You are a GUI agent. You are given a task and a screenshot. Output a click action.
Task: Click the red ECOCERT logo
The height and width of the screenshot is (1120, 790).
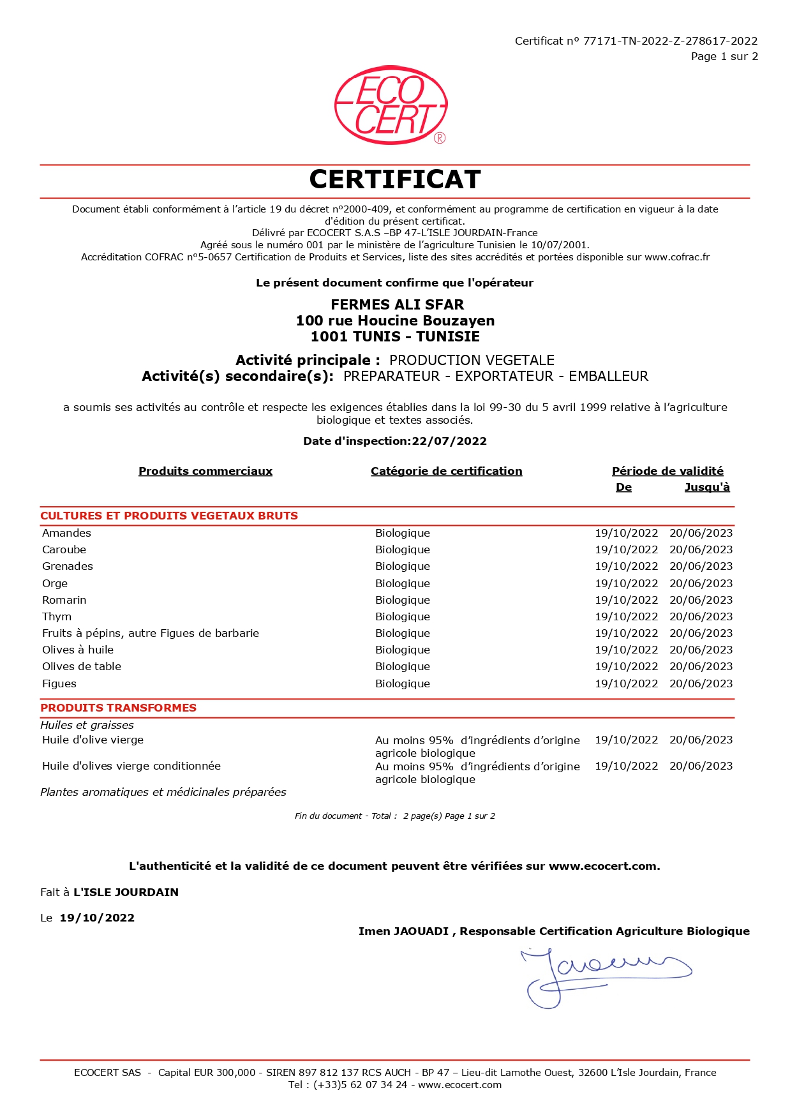coord(391,105)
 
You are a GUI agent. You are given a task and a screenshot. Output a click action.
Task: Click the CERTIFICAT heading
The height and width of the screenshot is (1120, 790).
coord(395,180)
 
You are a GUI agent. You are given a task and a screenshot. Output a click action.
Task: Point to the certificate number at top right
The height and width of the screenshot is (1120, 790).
coord(670,41)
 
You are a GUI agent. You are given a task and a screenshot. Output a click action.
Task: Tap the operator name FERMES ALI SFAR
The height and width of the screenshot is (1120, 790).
coord(397,304)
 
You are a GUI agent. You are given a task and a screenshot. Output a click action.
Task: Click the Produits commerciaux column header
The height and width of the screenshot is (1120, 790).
coord(205,471)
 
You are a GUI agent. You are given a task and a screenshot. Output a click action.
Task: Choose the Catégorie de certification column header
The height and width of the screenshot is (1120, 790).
coord(446,471)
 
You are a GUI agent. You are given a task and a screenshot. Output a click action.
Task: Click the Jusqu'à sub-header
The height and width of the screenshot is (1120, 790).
coord(707,488)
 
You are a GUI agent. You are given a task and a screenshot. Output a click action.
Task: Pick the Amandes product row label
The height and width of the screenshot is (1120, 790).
coord(66,533)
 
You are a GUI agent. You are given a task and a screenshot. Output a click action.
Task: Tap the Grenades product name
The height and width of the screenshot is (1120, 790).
coord(68,566)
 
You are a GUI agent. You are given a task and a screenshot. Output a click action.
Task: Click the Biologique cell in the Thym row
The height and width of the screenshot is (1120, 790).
coord(403,616)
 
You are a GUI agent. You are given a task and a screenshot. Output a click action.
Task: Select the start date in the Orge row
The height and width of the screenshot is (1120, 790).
coord(626,583)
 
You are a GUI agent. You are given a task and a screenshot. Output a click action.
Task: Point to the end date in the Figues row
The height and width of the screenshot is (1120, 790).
coord(701,683)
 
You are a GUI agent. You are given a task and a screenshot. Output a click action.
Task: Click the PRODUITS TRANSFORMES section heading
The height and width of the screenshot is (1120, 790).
coord(119,708)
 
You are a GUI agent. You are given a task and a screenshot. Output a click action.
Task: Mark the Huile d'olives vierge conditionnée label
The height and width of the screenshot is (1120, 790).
coord(131,766)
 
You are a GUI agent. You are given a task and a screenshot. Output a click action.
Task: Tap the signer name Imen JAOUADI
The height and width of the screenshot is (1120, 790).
coord(403,931)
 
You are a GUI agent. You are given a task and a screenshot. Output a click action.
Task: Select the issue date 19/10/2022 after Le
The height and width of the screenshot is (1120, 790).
coord(97,918)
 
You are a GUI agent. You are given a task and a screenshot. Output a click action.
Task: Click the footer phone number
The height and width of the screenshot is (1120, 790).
coord(360,1085)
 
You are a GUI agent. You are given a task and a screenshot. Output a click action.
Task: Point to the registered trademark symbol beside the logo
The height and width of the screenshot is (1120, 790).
coord(440,138)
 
